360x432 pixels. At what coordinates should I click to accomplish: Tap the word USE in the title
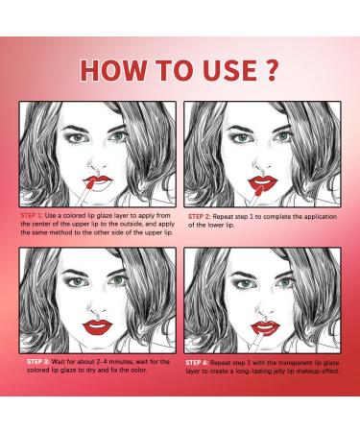[x=230, y=70]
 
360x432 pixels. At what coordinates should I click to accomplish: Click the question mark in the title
[x=271, y=70]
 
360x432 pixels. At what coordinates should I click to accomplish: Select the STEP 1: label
[x=32, y=215]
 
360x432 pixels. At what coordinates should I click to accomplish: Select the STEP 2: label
[x=199, y=217]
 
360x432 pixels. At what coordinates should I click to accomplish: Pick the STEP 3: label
[x=37, y=362]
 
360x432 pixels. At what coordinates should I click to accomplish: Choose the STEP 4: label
[x=197, y=363]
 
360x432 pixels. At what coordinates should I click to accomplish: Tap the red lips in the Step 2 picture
[x=262, y=182]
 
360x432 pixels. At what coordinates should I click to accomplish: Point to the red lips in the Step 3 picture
[x=98, y=327]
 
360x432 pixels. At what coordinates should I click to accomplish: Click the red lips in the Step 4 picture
[x=265, y=327]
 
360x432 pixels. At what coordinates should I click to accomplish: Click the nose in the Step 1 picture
[x=97, y=165]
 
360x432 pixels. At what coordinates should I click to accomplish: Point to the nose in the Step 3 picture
[x=97, y=308]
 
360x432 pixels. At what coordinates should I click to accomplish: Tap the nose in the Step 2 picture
[x=261, y=165]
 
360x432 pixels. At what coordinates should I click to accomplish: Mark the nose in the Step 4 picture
[x=264, y=309]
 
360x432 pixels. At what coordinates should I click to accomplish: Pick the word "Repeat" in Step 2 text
[x=223, y=217]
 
